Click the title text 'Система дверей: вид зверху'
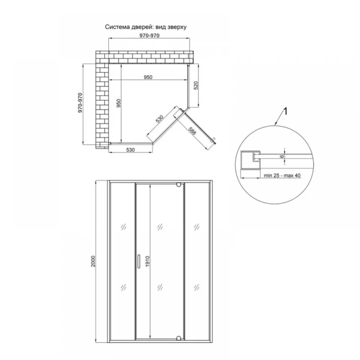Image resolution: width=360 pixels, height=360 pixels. point(146,27)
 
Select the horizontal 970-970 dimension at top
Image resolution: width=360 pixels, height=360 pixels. point(149,36)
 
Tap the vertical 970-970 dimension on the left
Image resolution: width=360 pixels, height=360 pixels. point(80,103)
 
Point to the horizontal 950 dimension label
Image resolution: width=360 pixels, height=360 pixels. point(148,77)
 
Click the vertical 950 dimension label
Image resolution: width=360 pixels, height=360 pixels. point(118,103)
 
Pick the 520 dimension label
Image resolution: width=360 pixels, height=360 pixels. point(196,85)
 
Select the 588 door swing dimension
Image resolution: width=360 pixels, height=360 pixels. point(192,131)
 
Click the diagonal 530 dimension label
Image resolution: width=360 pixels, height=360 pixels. point(159,119)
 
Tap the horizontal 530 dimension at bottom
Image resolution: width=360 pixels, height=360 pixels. point(130,150)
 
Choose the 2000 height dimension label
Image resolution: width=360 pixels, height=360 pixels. point(93,261)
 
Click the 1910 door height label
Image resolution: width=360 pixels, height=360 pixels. point(147,261)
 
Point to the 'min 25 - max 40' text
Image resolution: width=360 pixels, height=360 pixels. point(282,175)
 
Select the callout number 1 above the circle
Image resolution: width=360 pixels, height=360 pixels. point(285,112)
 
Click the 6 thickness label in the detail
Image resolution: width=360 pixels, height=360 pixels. point(282,157)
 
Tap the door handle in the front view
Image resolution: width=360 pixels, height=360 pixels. point(139,261)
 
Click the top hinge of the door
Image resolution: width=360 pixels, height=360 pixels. point(179,184)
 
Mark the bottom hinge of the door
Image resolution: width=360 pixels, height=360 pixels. point(179,338)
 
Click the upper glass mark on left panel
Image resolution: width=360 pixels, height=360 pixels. point(123,227)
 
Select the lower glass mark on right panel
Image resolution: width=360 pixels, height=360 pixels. point(197,287)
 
